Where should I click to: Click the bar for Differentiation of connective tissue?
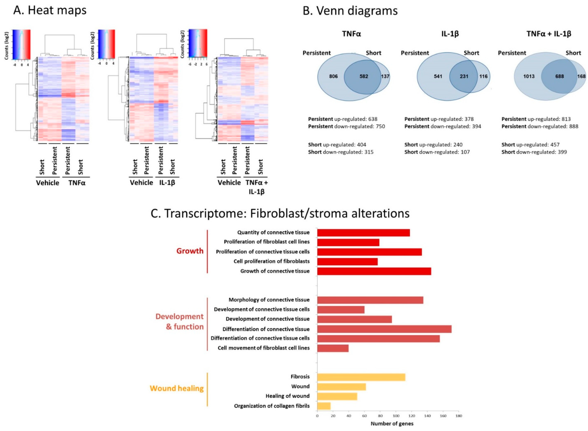384,329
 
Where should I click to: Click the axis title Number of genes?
392,423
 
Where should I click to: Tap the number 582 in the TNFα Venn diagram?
364,76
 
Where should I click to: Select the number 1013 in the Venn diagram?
529,76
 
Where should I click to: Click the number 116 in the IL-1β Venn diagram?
483,76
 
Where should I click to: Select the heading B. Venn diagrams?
350,11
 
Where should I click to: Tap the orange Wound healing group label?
177,388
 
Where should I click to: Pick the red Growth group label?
190,251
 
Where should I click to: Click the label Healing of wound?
287,396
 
